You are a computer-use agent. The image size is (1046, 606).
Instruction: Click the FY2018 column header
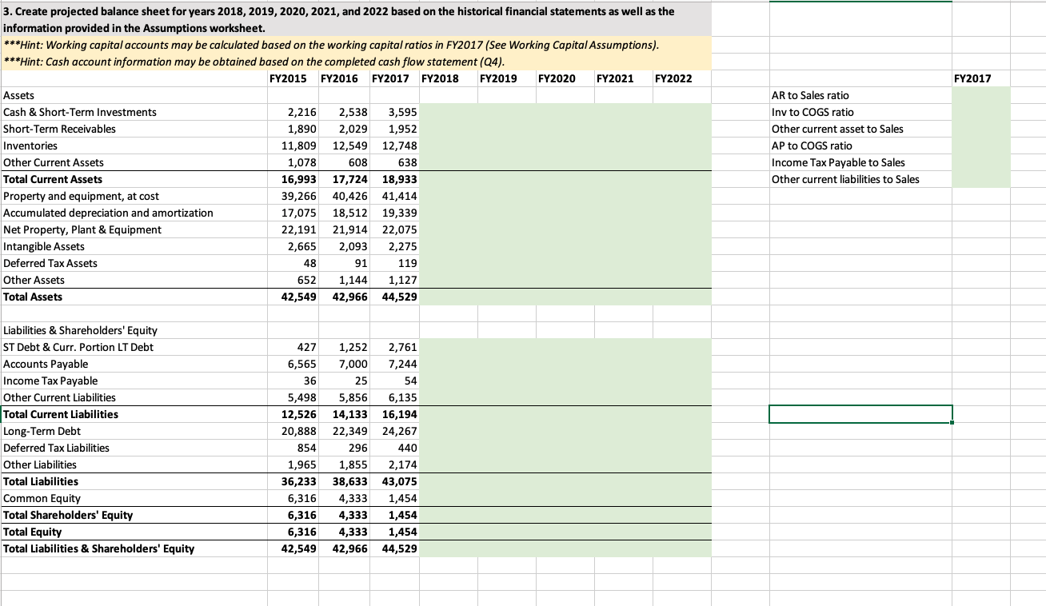click(439, 78)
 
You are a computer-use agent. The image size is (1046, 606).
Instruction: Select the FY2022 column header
click(673, 78)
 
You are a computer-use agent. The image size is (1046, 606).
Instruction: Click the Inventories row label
click(30, 146)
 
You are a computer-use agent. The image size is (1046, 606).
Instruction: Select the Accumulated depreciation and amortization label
click(108, 213)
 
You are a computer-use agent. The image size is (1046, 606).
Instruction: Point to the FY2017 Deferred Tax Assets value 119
click(406, 263)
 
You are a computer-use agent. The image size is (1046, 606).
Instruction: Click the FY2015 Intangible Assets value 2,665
click(302, 246)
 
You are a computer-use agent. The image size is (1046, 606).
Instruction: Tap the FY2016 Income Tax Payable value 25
click(360, 381)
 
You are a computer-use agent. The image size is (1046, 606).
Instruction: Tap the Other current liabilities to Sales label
click(845, 179)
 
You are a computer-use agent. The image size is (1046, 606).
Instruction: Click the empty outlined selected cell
click(860, 414)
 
